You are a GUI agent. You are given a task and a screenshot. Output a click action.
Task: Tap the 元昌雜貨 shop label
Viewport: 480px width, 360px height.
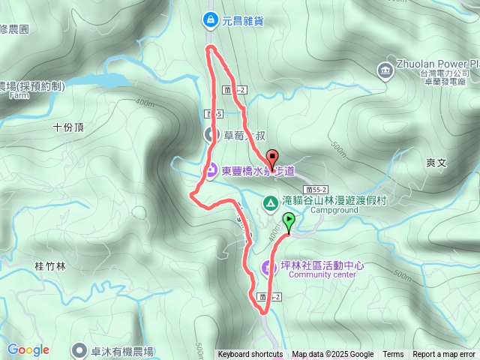243,21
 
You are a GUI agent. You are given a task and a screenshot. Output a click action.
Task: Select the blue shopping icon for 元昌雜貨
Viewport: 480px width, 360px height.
211,21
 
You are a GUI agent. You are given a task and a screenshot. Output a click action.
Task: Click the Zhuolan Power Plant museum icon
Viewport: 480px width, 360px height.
385,70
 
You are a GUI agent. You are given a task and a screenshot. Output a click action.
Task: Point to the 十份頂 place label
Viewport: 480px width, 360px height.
69,127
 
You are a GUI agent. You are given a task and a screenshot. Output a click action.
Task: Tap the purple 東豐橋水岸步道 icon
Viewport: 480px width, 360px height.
212,171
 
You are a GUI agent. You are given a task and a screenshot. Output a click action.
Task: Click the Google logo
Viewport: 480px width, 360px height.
28,349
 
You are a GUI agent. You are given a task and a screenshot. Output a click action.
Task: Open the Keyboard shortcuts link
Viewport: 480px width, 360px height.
250,355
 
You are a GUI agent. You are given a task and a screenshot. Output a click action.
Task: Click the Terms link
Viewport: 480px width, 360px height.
393,355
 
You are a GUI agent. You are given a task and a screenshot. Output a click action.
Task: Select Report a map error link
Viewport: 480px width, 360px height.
445,355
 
